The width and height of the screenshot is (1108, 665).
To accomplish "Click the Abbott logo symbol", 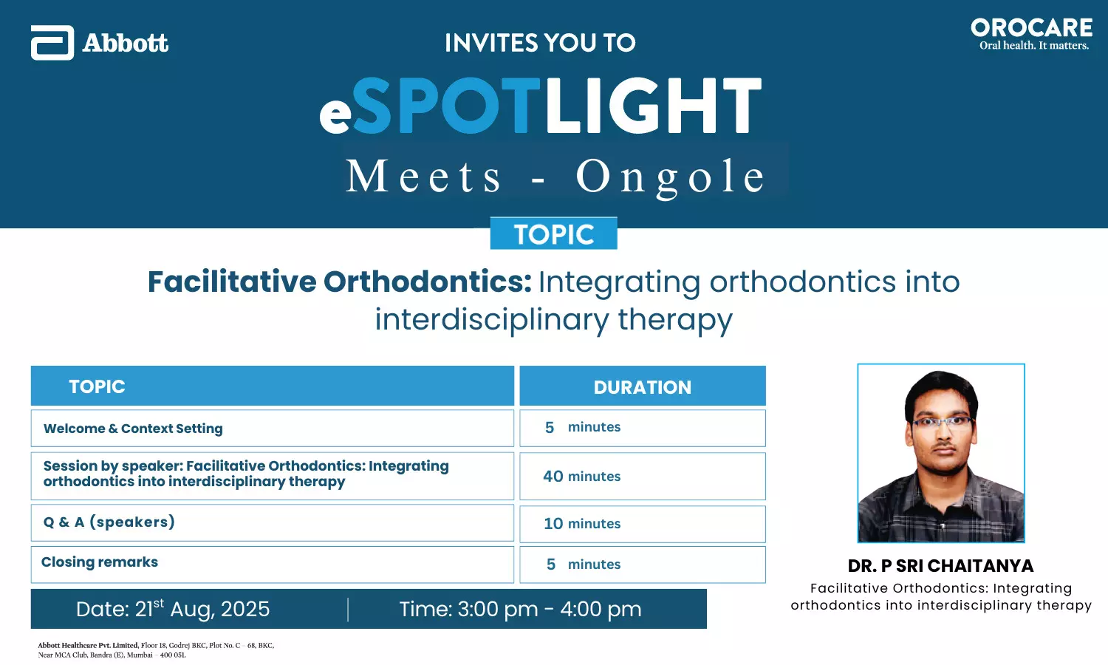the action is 52,43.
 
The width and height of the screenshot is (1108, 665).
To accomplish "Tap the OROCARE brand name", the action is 1032,28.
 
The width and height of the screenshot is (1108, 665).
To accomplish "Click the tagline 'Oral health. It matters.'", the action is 1034,46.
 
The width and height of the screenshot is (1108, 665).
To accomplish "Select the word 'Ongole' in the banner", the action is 671,177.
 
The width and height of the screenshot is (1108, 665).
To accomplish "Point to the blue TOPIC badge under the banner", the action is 553,233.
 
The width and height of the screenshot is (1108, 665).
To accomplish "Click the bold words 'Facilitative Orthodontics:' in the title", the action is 340,282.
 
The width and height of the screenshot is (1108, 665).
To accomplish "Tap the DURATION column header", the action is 643,386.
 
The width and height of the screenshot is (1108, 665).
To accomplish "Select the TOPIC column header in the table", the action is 272,386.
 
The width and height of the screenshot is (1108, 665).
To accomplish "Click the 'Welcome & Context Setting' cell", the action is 272,428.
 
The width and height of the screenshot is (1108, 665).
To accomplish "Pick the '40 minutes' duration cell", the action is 643,476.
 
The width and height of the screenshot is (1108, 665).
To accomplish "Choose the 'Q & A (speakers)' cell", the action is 272,523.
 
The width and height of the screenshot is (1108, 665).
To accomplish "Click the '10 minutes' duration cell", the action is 643,523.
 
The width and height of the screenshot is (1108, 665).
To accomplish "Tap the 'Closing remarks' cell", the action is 272,565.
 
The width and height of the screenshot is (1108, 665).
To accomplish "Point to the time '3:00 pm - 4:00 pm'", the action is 549,609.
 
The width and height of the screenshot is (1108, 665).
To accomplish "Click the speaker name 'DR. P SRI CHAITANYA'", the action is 940,565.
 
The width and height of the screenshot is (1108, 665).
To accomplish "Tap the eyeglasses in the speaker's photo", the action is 942,422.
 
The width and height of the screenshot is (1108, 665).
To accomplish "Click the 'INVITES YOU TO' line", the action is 540,43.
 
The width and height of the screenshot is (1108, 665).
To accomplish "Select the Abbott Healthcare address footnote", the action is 156,649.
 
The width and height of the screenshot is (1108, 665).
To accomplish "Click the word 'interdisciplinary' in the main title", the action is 492,320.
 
